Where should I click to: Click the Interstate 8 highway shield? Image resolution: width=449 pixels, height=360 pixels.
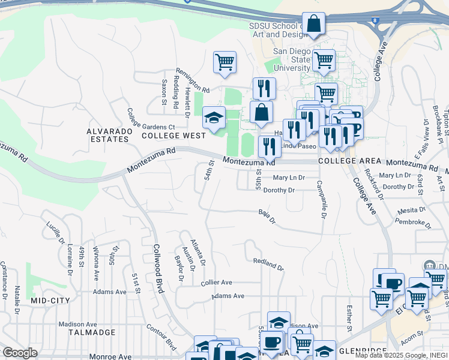pos(375,21)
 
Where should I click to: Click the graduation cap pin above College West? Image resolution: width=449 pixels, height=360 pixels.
pos(213,118)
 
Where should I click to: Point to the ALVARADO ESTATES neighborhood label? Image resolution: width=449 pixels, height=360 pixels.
pos(108,134)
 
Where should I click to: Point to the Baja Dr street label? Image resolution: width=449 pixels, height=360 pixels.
pos(267,217)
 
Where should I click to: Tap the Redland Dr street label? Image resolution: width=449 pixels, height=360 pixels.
pos(268,263)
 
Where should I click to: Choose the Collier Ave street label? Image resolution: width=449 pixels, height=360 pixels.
pos(216,282)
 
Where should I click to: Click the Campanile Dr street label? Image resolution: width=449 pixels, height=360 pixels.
pos(323,199)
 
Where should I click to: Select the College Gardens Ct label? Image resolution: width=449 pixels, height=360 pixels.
pos(151,127)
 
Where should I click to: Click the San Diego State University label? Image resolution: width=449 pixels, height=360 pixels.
pos(292,60)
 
